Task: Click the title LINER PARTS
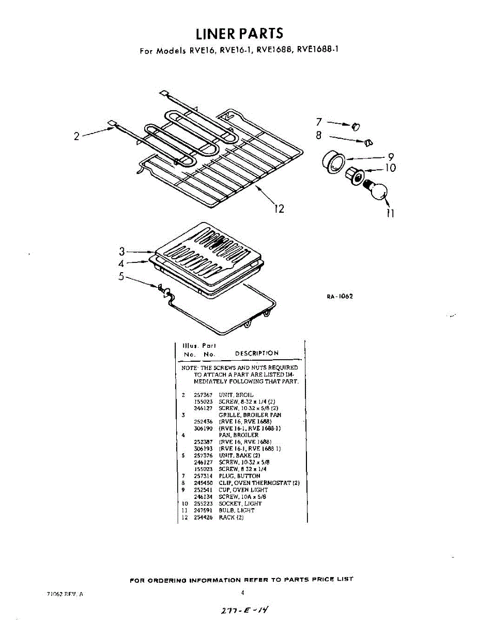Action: coord(240,34)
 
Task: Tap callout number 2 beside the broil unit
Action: coord(76,137)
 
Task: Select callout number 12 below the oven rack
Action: coord(279,209)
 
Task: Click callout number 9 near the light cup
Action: coord(391,157)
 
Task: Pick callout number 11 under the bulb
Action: coord(391,213)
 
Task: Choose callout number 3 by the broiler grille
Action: coord(122,252)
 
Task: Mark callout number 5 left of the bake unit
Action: coord(121,276)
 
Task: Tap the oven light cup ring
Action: coord(332,162)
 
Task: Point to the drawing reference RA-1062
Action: coord(339,297)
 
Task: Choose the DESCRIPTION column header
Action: coord(256,353)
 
